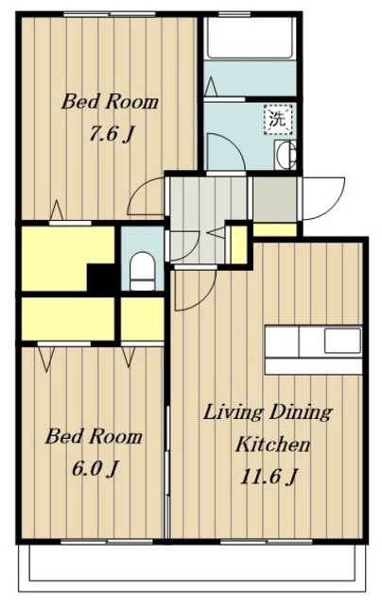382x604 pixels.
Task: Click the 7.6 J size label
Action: click(x=112, y=134)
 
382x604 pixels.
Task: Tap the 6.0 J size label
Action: click(x=95, y=468)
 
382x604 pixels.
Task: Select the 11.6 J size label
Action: click(x=269, y=477)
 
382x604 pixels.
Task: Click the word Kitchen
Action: click(x=272, y=445)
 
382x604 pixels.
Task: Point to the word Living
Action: click(x=233, y=413)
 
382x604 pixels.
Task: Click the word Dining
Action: click(x=300, y=412)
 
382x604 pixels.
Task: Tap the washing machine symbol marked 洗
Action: click(x=278, y=119)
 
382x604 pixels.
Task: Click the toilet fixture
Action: click(x=143, y=271)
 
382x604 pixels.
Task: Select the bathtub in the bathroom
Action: click(x=250, y=38)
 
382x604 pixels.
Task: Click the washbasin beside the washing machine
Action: click(x=286, y=154)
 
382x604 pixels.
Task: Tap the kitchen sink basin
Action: click(x=342, y=341)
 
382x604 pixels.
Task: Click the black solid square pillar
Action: click(x=101, y=277)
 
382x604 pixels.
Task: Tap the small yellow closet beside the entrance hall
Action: click(x=238, y=244)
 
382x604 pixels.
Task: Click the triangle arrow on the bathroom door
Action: click(x=211, y=87)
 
